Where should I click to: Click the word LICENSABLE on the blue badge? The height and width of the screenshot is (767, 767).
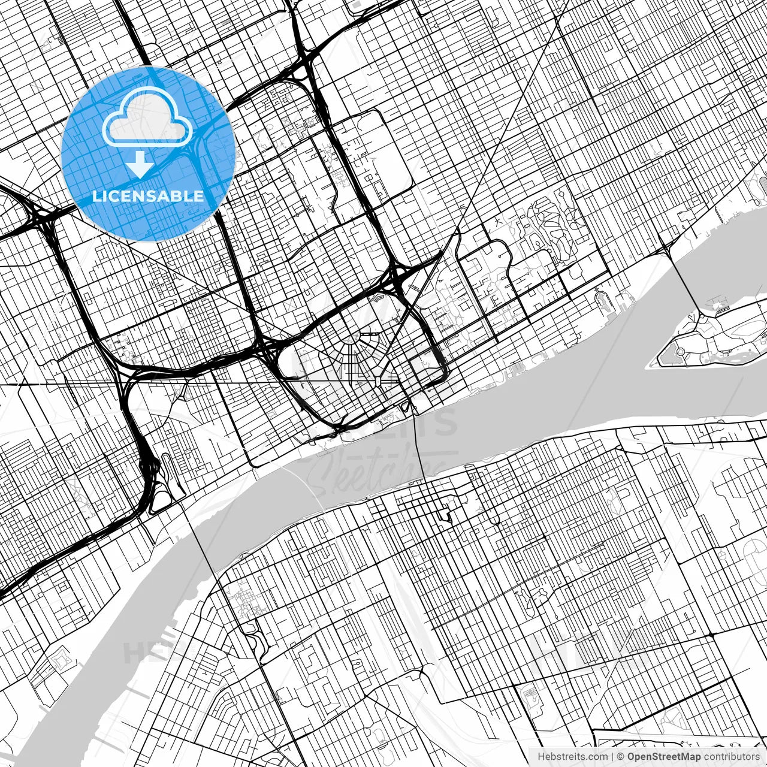pos(147,196)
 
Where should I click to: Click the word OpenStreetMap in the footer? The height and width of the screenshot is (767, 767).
pos(663,756)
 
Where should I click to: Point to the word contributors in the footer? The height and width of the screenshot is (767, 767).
pos(732,756)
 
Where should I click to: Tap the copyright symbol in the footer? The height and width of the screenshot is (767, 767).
pos(621,756)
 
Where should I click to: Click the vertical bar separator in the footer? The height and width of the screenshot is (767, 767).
pos(612,756)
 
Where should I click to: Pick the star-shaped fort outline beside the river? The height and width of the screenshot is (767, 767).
pos(60,659)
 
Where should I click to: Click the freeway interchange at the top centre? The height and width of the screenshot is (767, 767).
pos(303,60)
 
